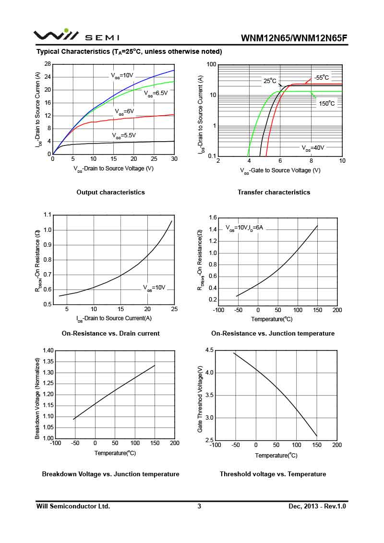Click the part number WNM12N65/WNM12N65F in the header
pyautogui.click(x=294, y=38)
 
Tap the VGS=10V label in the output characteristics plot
pyautogui.click(x=122, y=75)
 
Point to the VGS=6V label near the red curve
pyautogui.click(x=124, y=111)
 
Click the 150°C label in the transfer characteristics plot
pyautogui.click(x=327, y=103)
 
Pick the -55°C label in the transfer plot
pyautogui.click(x=322, y=77)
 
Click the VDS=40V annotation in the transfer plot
pyautogui.click(x=312, y=148)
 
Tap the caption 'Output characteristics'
pyautogui.click(x=110, y=192)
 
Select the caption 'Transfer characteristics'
pyautogui.click(x=274, y=192)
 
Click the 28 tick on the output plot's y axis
pyautogui.click(x=48, y=64)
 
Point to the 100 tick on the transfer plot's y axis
pyautogui.click(x=211, y=64)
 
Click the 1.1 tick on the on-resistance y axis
pyautogui.click(x=47, y=215)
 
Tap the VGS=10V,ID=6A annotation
pyautogui.click(x=244, y=228)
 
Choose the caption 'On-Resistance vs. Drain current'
pyautogui.click(x=110, y=333)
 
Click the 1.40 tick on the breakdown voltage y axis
pyautogui.click(x=48, y=350)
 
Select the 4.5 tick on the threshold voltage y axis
pyautogui.click(x=209, y=350)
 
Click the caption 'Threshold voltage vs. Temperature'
pyautogui.click(x=273, y=474)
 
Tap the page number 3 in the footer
pyautogui.click(x=199, y=506)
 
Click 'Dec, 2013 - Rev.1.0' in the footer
pyautogui.click(x=317, y=506)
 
